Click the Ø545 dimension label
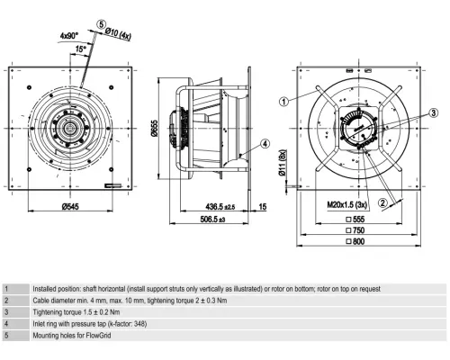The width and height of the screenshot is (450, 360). pos(70,207)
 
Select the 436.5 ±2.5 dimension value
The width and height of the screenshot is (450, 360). pos(220,207)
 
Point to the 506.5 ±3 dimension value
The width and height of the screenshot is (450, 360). pos(212,220)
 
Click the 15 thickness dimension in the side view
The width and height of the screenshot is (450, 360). pos(262,207)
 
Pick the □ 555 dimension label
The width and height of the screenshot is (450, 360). pos(355,220)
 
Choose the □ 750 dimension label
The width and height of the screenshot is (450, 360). pos(355,230)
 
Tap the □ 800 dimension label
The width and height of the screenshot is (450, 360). pos(355,241)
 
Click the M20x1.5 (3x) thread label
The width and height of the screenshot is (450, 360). pos(347,205)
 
